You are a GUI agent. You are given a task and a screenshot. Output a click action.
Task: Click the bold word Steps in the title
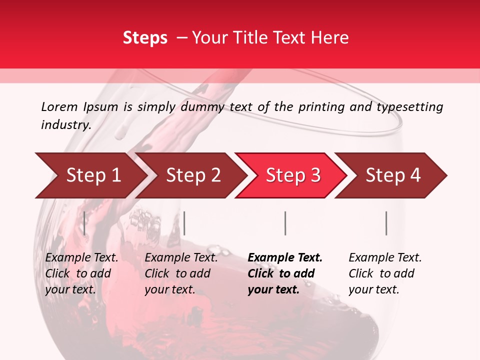click(x=145, y=38)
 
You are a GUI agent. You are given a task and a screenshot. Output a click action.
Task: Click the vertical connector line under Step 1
click(x=84, y=223)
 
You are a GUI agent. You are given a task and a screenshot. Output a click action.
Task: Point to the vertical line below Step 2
click(x=184, y=223)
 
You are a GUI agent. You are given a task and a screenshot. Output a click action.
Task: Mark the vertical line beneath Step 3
click(x=285, y=223)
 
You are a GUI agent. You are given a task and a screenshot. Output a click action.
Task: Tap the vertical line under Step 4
click(x=386, y=223)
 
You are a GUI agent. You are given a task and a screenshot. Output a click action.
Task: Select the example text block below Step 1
click(x=81, y=273)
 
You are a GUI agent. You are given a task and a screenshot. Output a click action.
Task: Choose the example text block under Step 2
click(x=181, y=273)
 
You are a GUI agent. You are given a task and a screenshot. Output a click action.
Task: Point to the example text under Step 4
click(x=385, y=273)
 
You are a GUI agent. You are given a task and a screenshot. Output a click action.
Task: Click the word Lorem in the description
click(x=59, y=106)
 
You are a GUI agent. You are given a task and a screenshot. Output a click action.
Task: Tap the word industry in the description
click(x=66, y=125)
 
